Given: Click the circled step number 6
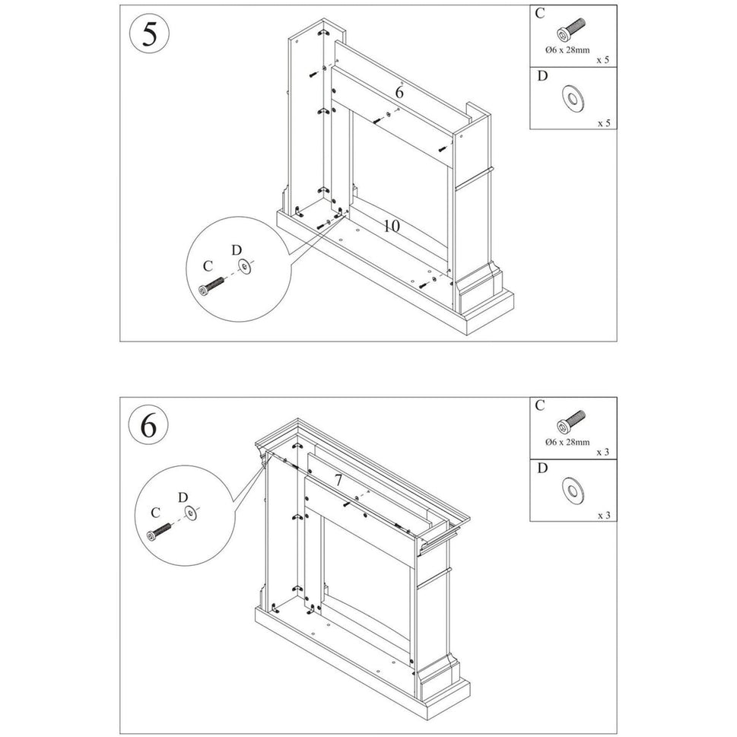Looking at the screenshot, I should coord(150,426).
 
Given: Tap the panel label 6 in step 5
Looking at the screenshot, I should coord(399,92).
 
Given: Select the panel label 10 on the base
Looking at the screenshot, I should coord(391,226).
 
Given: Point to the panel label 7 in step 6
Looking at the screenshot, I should coord(338,481).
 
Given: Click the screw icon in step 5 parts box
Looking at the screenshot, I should coord(570,31).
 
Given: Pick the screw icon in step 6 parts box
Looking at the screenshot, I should coord(570,421).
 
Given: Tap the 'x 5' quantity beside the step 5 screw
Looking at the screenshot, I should coord(603,59).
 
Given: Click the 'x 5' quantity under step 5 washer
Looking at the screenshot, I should coord(603,122).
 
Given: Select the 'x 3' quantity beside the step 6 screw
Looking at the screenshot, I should coord(603,452).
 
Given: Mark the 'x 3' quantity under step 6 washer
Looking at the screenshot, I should coord(603,515).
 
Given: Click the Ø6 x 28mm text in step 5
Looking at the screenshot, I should coord(567,49).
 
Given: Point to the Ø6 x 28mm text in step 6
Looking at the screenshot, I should coord(567,442).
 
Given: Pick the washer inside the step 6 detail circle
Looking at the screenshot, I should coord(190,514).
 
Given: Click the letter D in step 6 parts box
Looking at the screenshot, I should coord(541,468).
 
